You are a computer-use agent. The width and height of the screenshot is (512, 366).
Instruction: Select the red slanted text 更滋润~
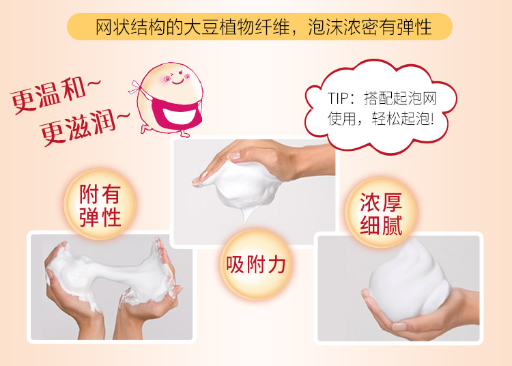(x=85, y=127)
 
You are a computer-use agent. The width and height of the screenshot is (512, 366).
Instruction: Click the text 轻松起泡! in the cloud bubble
(x=403, y=119)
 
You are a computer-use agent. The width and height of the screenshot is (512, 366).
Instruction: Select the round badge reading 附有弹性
(x=100, y=204)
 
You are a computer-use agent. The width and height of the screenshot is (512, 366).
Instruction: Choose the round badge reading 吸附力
(x=256, y=264)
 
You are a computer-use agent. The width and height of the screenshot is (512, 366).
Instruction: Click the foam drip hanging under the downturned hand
(x=246, y=214)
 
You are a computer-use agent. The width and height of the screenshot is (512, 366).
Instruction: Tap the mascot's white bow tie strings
(x=137, y=87)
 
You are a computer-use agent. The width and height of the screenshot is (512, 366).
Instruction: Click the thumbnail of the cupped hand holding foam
(x=399, y=288)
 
